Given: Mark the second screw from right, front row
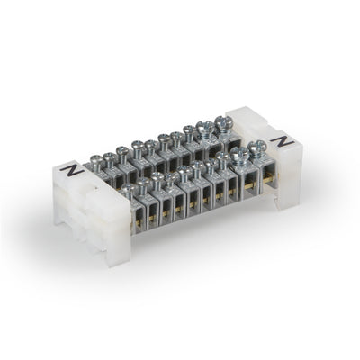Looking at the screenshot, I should [x=240, y=155].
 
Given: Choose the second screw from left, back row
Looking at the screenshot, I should [x=112, y=157].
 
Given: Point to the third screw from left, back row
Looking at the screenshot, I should [x=136, y=146].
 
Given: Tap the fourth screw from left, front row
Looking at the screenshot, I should [x=172, y=178].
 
